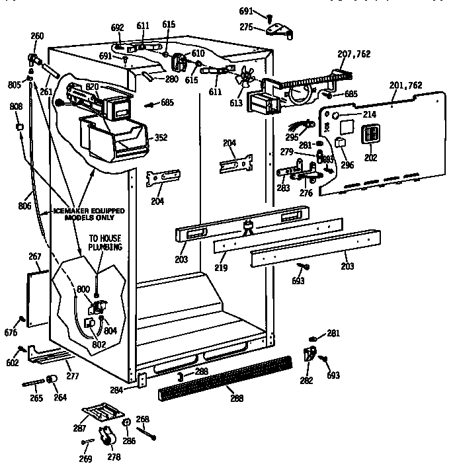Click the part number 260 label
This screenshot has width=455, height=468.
[x=38, y=36]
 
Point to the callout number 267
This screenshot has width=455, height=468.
[x=34, y=256]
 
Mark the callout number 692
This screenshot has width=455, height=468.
[x=117, y=28]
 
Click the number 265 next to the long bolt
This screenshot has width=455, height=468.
[x=35, y=398]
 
